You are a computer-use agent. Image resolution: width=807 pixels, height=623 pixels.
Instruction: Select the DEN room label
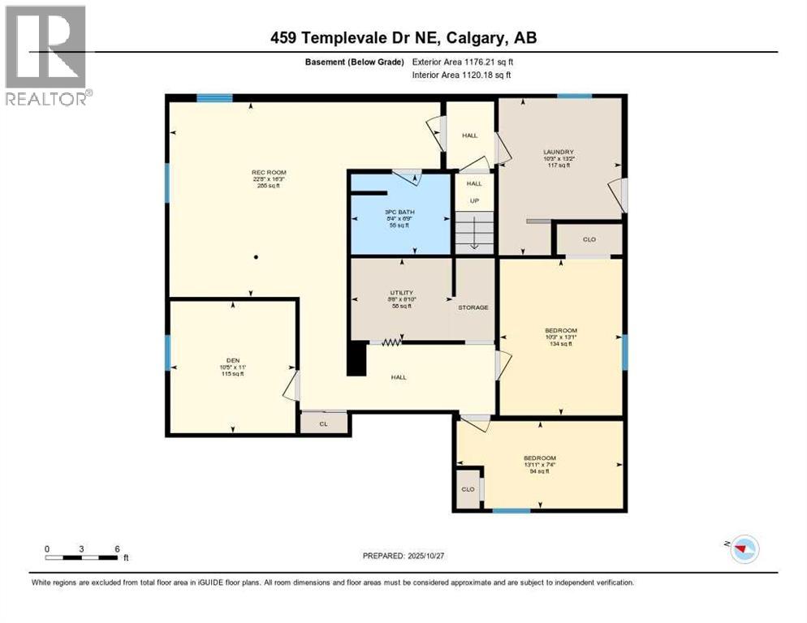tap(233, 360)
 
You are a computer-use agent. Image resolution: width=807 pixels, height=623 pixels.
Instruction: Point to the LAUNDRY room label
tap(559, 152)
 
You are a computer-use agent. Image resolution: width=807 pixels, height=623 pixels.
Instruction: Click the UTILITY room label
tap(402, 292)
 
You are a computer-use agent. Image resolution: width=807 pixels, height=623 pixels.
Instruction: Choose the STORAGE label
tap(473, 307)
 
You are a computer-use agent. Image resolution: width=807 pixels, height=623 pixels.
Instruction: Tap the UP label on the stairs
tap(474, 200)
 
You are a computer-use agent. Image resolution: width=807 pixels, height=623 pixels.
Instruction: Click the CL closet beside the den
tap(322, 423)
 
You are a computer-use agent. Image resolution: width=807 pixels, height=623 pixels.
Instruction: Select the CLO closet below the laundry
tap(589, 239)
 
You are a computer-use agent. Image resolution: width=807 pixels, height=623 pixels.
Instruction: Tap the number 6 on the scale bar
tap(118, 548)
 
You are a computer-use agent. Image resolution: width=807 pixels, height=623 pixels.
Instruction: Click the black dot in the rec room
tap(257, 257)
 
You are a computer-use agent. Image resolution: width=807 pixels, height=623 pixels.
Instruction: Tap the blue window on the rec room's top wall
tap(214, 98)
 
